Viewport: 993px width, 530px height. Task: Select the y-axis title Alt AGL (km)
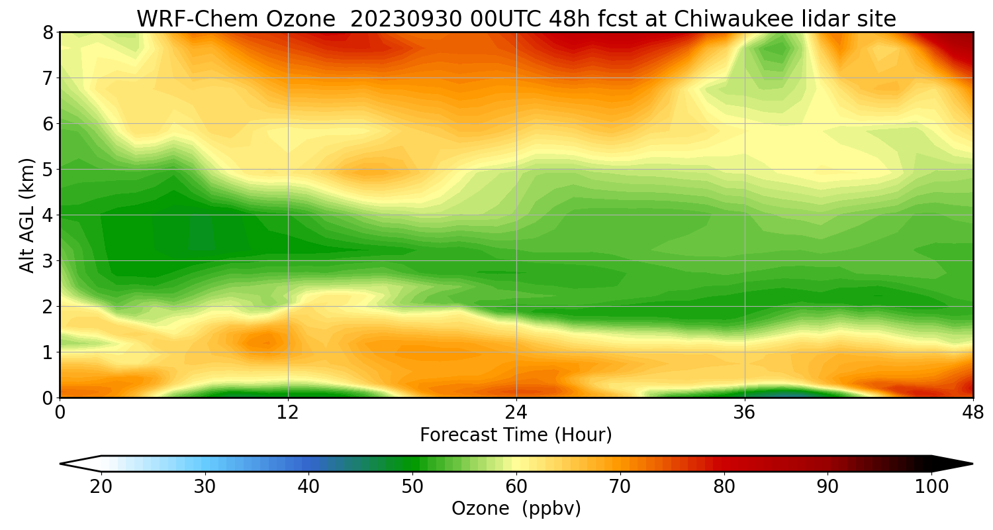[27, 215]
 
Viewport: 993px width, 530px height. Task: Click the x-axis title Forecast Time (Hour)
[516, 435]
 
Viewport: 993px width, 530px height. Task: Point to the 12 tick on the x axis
[288, 412]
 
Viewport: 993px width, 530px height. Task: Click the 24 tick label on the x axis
[516, 412]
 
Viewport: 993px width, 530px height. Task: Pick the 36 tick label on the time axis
[745, 412]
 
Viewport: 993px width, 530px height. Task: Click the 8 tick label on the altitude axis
[48, 32]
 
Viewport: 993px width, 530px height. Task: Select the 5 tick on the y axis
[48, 170]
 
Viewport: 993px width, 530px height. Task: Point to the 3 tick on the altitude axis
[48, 261]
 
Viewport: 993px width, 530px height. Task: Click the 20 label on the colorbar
[101, 487]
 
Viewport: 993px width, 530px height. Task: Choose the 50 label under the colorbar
[412, 487]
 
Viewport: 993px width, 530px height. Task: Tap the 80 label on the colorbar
[724, 487]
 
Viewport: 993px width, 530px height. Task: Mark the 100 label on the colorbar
[931, 487]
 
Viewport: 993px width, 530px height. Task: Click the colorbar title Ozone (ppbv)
[516, 509]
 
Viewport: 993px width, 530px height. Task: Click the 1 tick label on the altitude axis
[48, 352]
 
